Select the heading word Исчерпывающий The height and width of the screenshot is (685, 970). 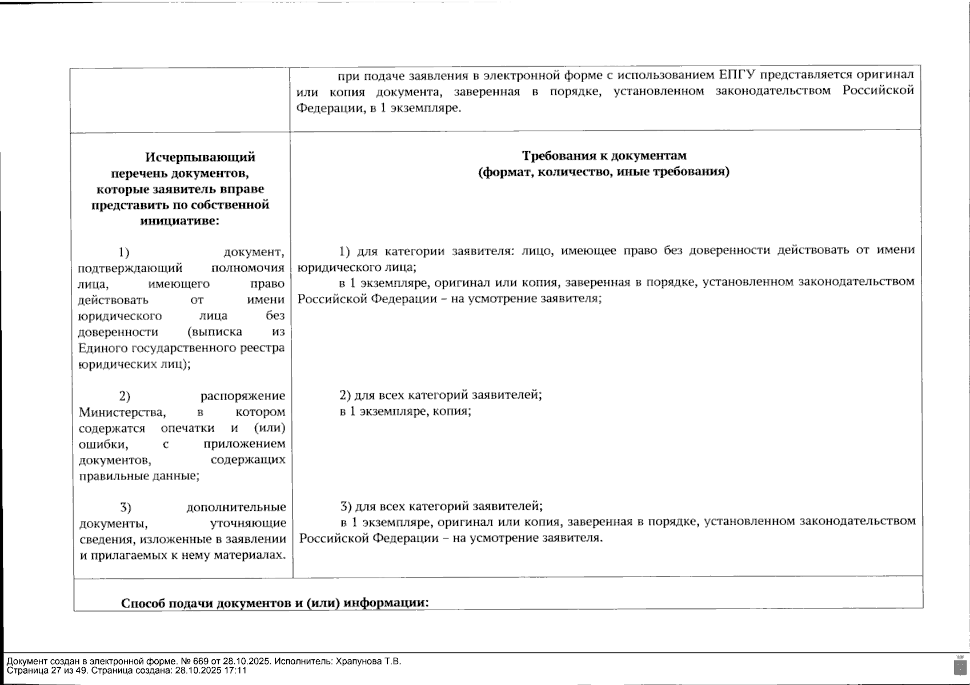tap(200, 157)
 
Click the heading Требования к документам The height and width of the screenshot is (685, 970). tap(604, 155)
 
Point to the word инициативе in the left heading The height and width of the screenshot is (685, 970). tap(179, 221)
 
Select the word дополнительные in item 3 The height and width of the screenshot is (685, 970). tap(236, 507)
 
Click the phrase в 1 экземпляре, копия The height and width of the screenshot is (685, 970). tap(405, 411)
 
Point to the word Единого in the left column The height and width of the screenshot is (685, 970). tap(103, 348)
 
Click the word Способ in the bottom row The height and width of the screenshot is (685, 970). tap(145, 603)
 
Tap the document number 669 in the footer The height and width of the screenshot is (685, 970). tap(201, 662)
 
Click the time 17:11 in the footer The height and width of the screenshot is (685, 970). tap(235, 671)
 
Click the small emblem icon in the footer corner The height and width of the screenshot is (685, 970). tap(960, 666)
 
